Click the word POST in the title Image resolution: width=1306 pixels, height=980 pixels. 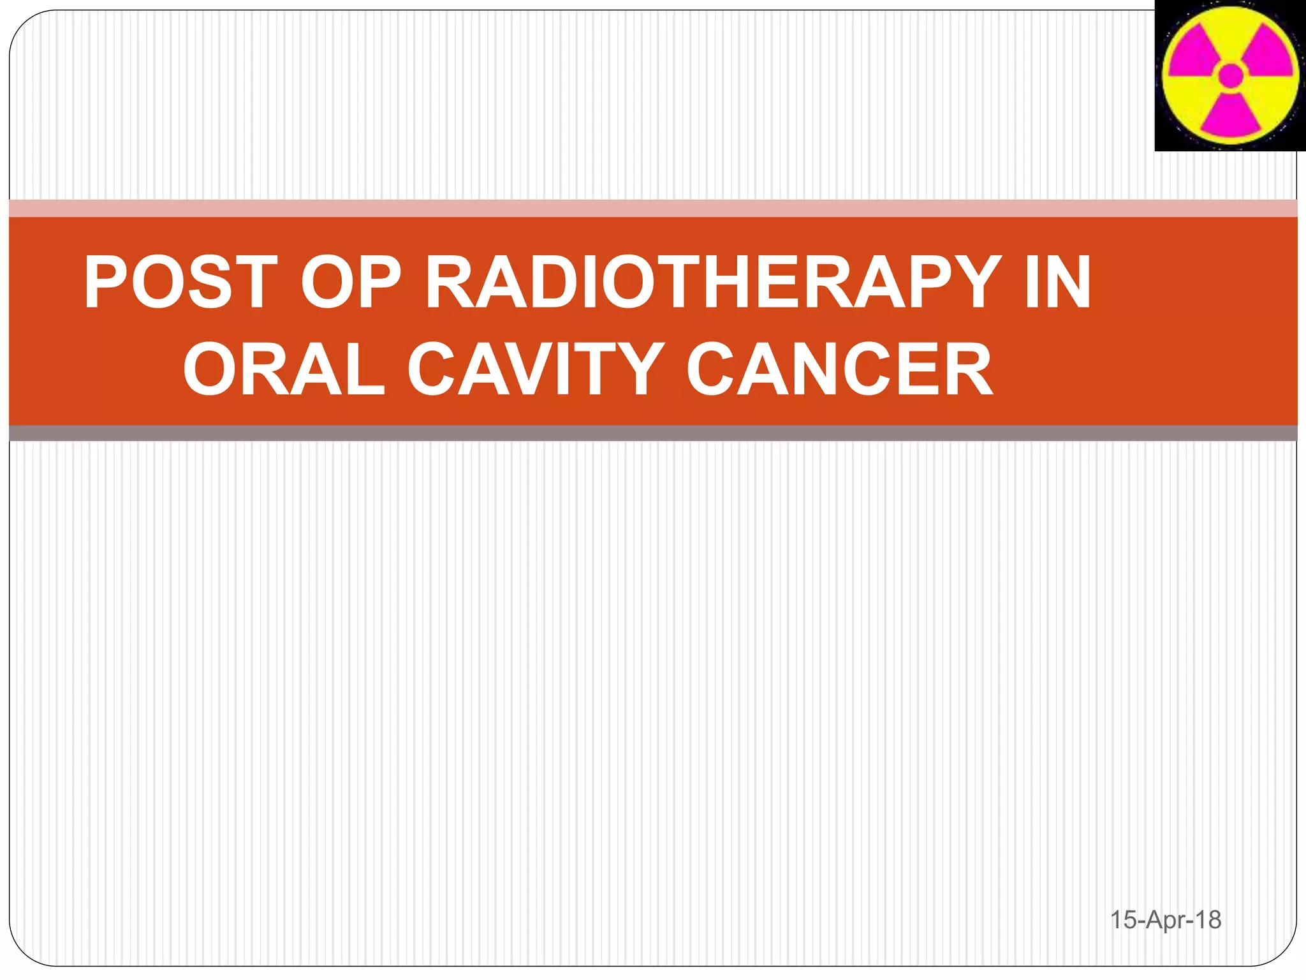click(x=180, y=282)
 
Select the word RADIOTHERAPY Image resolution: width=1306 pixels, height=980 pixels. click(x=712, y=282)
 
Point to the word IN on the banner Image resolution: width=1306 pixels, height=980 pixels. click(x=1058, y=282)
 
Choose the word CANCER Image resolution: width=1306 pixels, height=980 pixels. click(x=839, y=369)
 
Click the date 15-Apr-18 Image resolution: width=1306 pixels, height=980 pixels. click(x=1165, y=919)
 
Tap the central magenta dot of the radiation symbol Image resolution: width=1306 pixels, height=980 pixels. click(x=1230, y=75)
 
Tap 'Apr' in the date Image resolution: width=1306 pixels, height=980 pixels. click(x=1166, y=920)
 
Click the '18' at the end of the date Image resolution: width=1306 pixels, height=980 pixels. click(x=1208, y=919)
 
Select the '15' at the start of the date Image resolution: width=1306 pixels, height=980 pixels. click(x=1124, y=919)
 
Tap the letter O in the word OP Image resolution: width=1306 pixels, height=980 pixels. click(x=326, y=282)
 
